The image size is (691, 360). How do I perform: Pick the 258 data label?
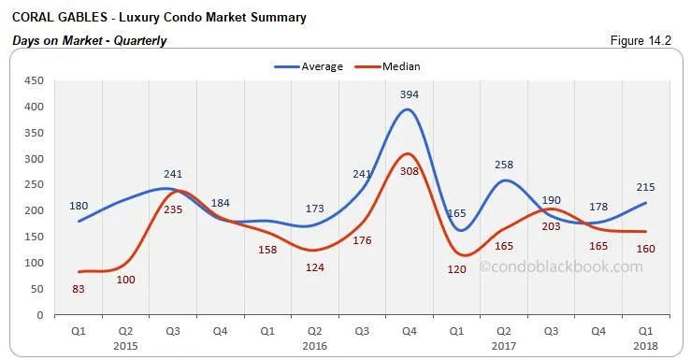coord(504,165)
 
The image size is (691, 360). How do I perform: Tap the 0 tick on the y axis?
coord(40,315)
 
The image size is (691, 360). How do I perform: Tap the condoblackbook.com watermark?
coord(561,266)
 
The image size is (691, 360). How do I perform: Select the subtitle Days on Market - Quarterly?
coord(88,41)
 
